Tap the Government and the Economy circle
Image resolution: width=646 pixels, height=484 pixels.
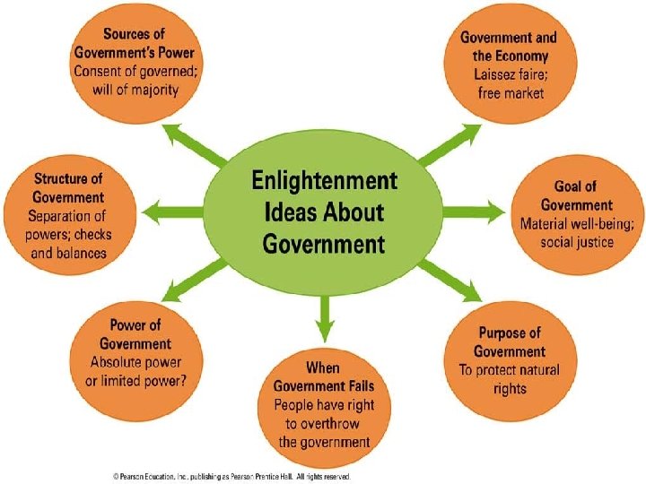tap(509, 65)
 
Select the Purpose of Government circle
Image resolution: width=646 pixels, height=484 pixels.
tap(510, 359)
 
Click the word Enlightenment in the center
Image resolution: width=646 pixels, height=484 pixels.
tap(323, 182)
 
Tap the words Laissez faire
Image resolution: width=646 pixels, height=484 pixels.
tap(509, 74)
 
